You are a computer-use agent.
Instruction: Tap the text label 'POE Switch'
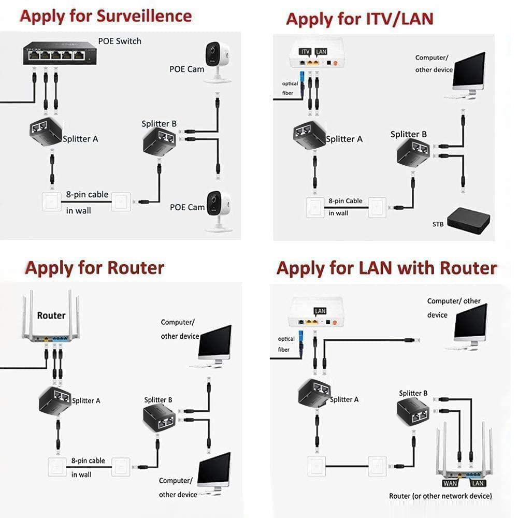(x=120, y=41)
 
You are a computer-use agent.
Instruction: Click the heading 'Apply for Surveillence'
(x=106, y=17)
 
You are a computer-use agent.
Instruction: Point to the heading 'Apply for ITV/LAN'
(x=359, y=19)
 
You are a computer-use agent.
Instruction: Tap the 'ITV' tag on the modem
(x=305, y=51)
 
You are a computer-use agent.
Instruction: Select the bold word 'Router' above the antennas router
(x=51, y=315)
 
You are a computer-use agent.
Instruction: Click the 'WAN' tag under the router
(x=450, y=483)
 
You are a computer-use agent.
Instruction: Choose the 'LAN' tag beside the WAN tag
(x=477, y=483)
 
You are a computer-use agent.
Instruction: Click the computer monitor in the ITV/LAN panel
(x=468, y=73)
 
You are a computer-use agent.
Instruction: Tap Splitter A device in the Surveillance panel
(x=46, y=132)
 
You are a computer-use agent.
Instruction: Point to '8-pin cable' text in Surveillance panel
(x=87, y=194)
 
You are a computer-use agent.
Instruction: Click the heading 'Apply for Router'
(x=95, y=268)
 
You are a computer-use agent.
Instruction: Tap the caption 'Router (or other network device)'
(x=440, y=496)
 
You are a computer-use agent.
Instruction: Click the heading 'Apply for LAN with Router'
(x=386, y=268)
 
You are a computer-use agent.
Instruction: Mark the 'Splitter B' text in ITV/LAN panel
(x=409, y=134)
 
